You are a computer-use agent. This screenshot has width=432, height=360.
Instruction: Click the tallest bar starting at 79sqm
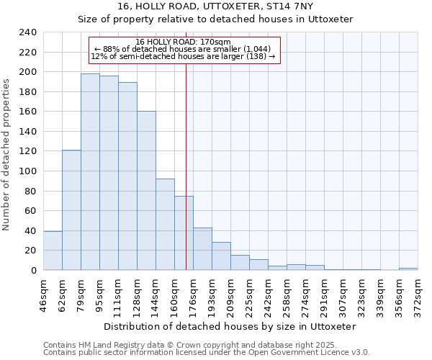click(90, 172)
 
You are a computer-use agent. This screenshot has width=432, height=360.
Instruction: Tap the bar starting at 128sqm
click(146, 191)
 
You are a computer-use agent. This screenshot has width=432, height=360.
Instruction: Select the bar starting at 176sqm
click(202, 249)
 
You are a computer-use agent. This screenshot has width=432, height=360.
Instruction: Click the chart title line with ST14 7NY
click(215, 6)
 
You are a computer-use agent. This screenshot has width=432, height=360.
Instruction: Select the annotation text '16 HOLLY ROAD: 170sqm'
click(183, 42)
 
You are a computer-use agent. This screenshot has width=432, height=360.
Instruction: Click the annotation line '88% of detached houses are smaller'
click(183, 49)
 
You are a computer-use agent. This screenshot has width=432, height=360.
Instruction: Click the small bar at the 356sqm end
click(408, 269)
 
